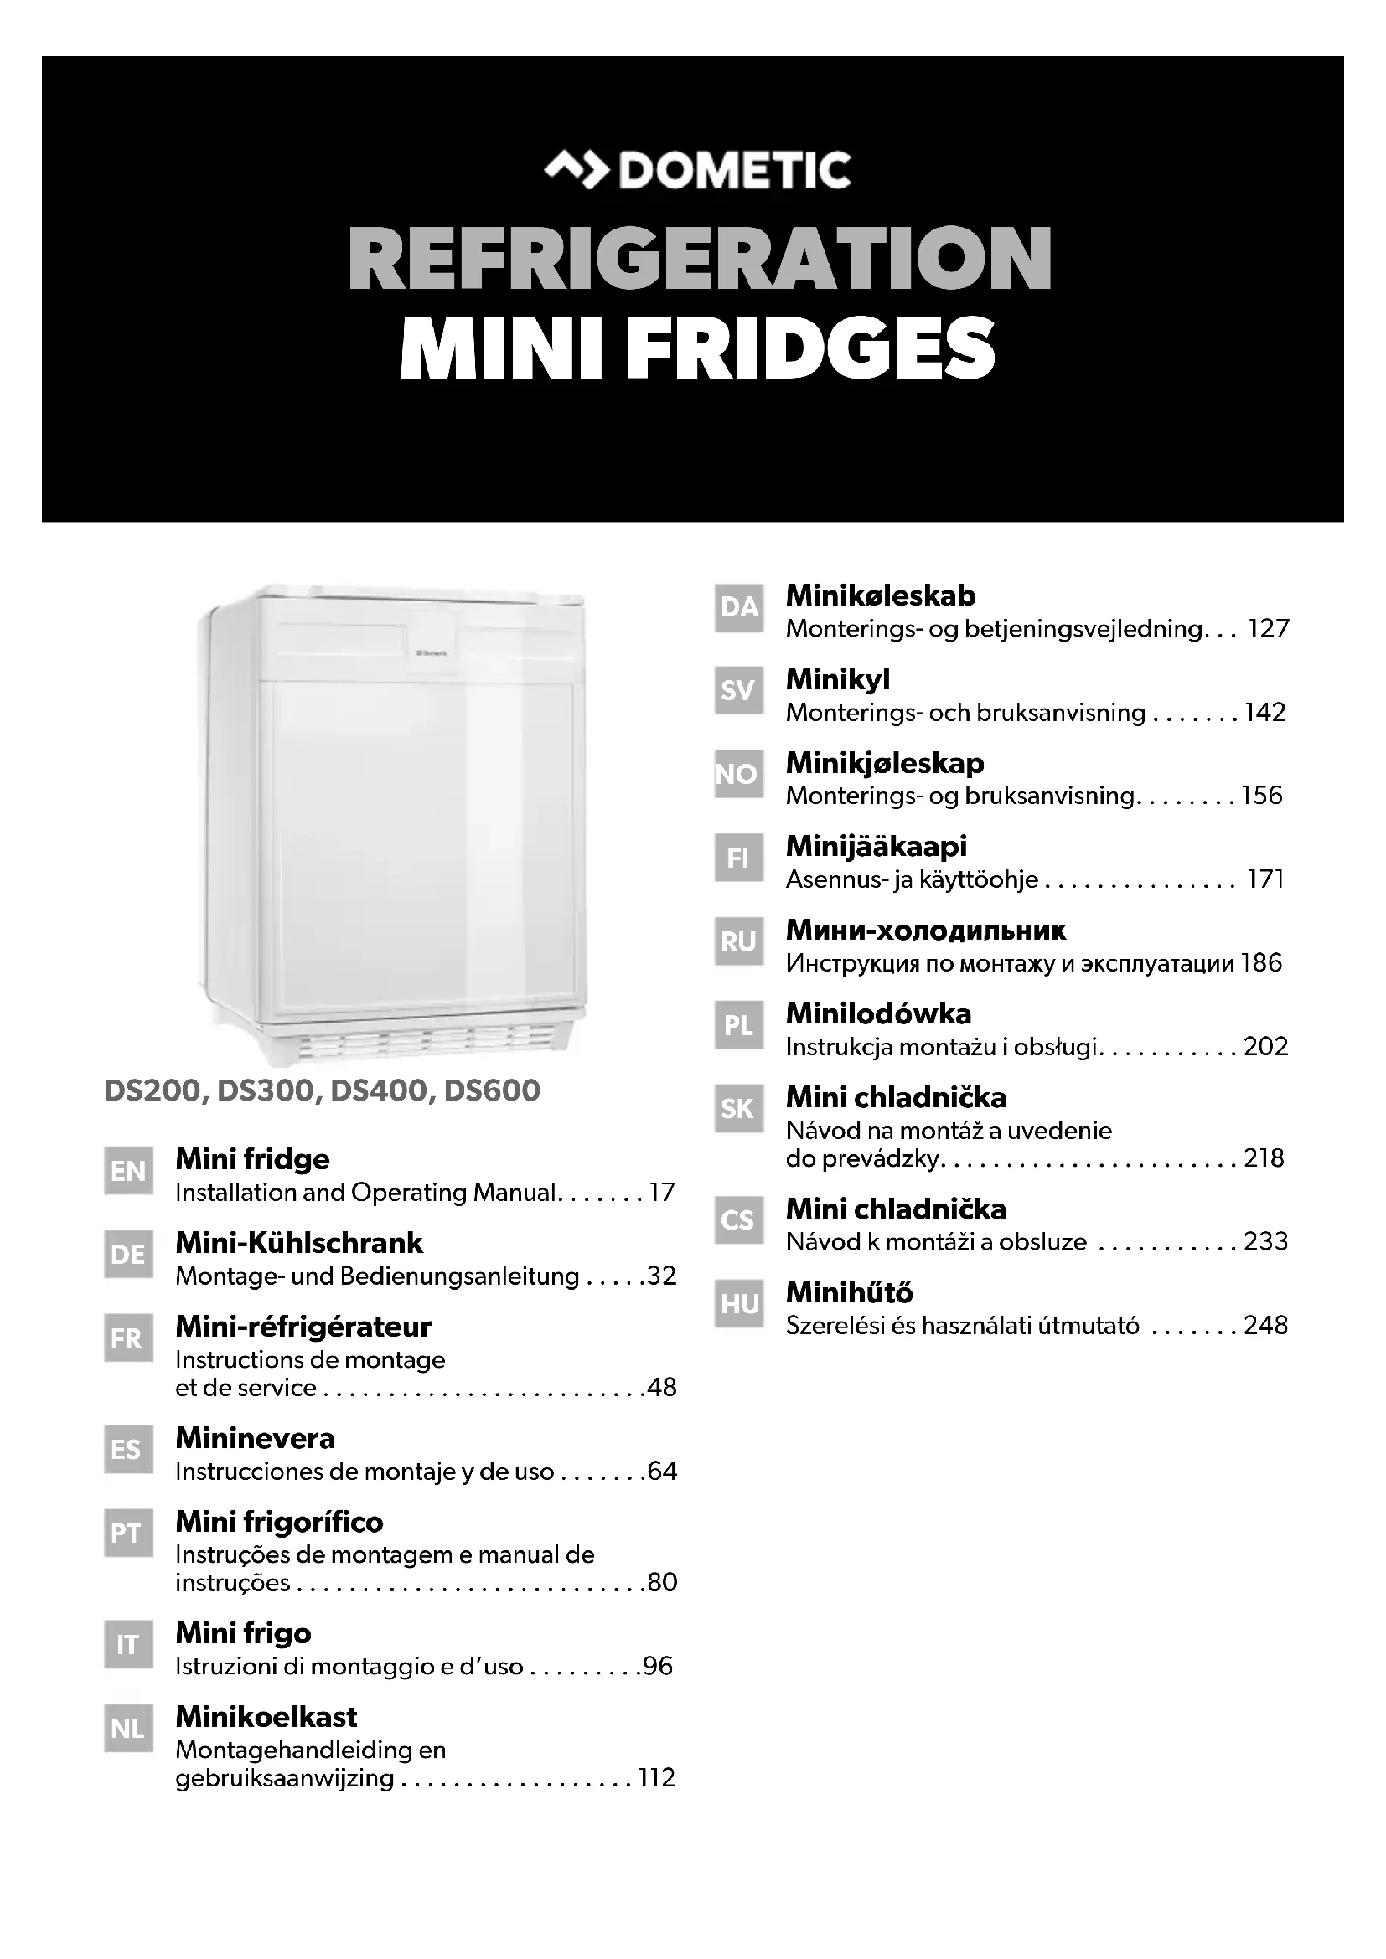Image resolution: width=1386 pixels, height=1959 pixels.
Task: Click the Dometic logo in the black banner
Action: click(x=697, y=170)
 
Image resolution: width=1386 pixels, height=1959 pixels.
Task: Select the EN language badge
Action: click(x=128, y=1171)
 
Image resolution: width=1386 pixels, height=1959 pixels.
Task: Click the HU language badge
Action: click(x=739, y=1304)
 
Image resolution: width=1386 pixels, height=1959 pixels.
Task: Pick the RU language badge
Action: click(x=739, y=941)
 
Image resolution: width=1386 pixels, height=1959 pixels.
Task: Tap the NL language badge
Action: click(x=128, y=1729)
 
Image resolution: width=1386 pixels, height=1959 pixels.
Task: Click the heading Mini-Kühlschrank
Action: click(x=298, y=1242)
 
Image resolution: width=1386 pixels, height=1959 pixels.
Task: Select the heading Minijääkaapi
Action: click(x=876, y=846)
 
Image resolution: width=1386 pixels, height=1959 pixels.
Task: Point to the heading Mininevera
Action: click(x=256, y=1438)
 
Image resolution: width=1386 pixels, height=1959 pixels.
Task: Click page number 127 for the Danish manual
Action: click(x=1267, y=629)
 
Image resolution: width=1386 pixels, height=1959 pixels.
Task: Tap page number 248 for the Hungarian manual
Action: click(x=1265, y=1325)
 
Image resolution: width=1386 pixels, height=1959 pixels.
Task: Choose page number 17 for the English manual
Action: click(x=661, y=1192)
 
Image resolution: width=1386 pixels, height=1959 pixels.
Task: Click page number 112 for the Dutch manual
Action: click(x=656, y=1778)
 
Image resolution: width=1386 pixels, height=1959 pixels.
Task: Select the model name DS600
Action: click(x=492, y=1090)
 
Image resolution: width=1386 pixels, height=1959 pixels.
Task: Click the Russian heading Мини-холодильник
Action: click(x=925, y=929)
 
